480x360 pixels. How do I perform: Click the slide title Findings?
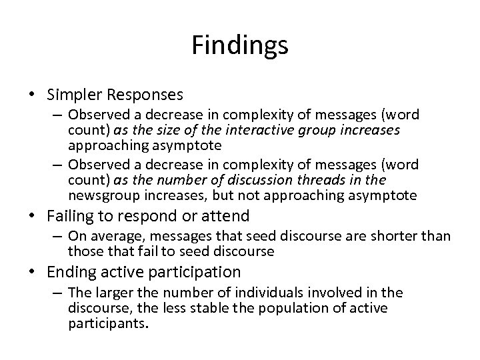point(240,45)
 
